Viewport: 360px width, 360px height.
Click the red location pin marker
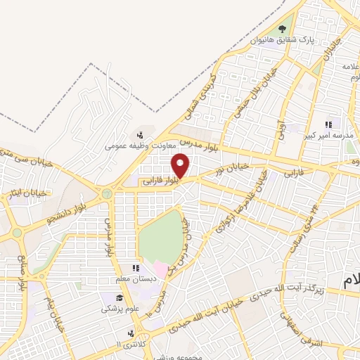pos(181,166)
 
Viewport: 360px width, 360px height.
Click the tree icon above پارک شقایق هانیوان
pos(283,29)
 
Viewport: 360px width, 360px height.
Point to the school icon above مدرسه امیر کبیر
pos(328,124)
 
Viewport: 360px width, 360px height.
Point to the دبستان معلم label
pos(139,278)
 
